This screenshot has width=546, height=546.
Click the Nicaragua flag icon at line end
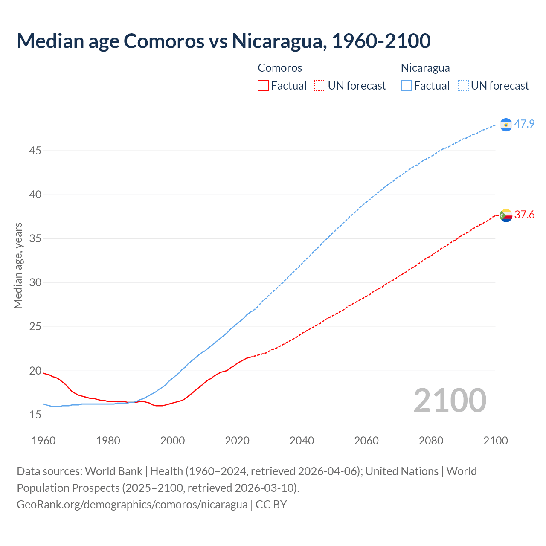click(506, 125)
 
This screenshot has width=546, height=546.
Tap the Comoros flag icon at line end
click(506, 215)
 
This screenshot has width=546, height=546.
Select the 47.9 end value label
click(524, 124)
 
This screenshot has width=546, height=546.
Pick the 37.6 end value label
click(524, 215)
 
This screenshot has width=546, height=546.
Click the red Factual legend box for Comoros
click(263, 86)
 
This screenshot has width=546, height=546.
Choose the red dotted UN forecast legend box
click(320, 86)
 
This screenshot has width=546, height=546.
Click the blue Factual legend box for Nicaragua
click(407, 86)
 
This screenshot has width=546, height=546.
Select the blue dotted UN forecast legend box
click(463, 86)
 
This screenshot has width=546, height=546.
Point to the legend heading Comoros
click(280, 68)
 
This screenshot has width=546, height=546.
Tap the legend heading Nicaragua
click(425, 68)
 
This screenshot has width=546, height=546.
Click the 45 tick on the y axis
click(35, 151)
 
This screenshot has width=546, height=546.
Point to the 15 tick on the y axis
click(35, 415)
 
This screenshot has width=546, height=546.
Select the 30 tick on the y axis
click(35, 283)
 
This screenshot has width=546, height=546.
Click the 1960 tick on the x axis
click(44, 441)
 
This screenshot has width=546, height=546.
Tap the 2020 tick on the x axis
click(237, 441)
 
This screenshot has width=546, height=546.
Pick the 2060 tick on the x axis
click(366, 441)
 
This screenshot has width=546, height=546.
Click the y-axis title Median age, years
click(18, 265)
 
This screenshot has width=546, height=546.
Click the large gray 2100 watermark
click(450, 400)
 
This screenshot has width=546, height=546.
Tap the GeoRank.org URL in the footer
click(132, 504)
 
